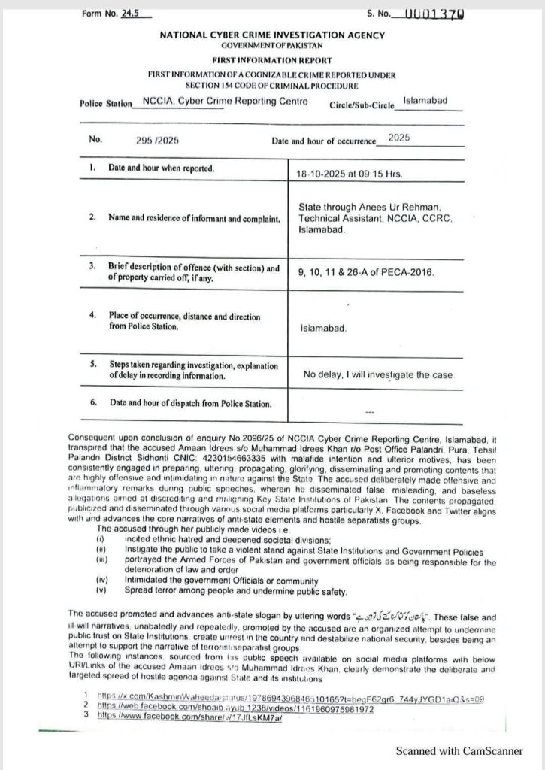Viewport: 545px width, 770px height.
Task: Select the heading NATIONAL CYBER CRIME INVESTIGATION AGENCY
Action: (271, 35)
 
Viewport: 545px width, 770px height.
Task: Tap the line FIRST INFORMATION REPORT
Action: (271, 60)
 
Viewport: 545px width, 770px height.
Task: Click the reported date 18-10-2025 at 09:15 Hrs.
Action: (350, 174)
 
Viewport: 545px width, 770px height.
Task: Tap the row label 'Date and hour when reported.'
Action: (161, 168)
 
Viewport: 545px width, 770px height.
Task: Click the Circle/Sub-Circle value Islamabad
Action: (425, 100)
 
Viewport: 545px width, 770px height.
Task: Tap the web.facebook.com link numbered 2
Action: (235, 708)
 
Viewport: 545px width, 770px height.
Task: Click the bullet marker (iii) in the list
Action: (101, 559)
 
